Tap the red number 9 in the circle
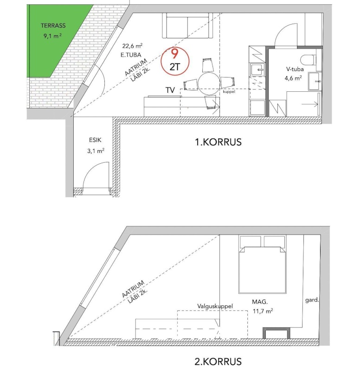click(175, 54)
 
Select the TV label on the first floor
click(170, 90)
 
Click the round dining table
click(209, 83)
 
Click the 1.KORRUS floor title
click(218, 142)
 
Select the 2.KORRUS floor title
click(218, 362)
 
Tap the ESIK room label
click(95, 140)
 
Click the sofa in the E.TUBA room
click(187, 26)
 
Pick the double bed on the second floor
click(262, 264)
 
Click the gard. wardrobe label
click(312, 300)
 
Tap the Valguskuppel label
click(215, 306)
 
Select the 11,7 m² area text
click(263, 311)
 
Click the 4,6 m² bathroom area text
click(293, 78)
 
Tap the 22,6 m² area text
click(132, 45)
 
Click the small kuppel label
click(229, 91)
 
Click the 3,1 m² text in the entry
click(96, 151)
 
